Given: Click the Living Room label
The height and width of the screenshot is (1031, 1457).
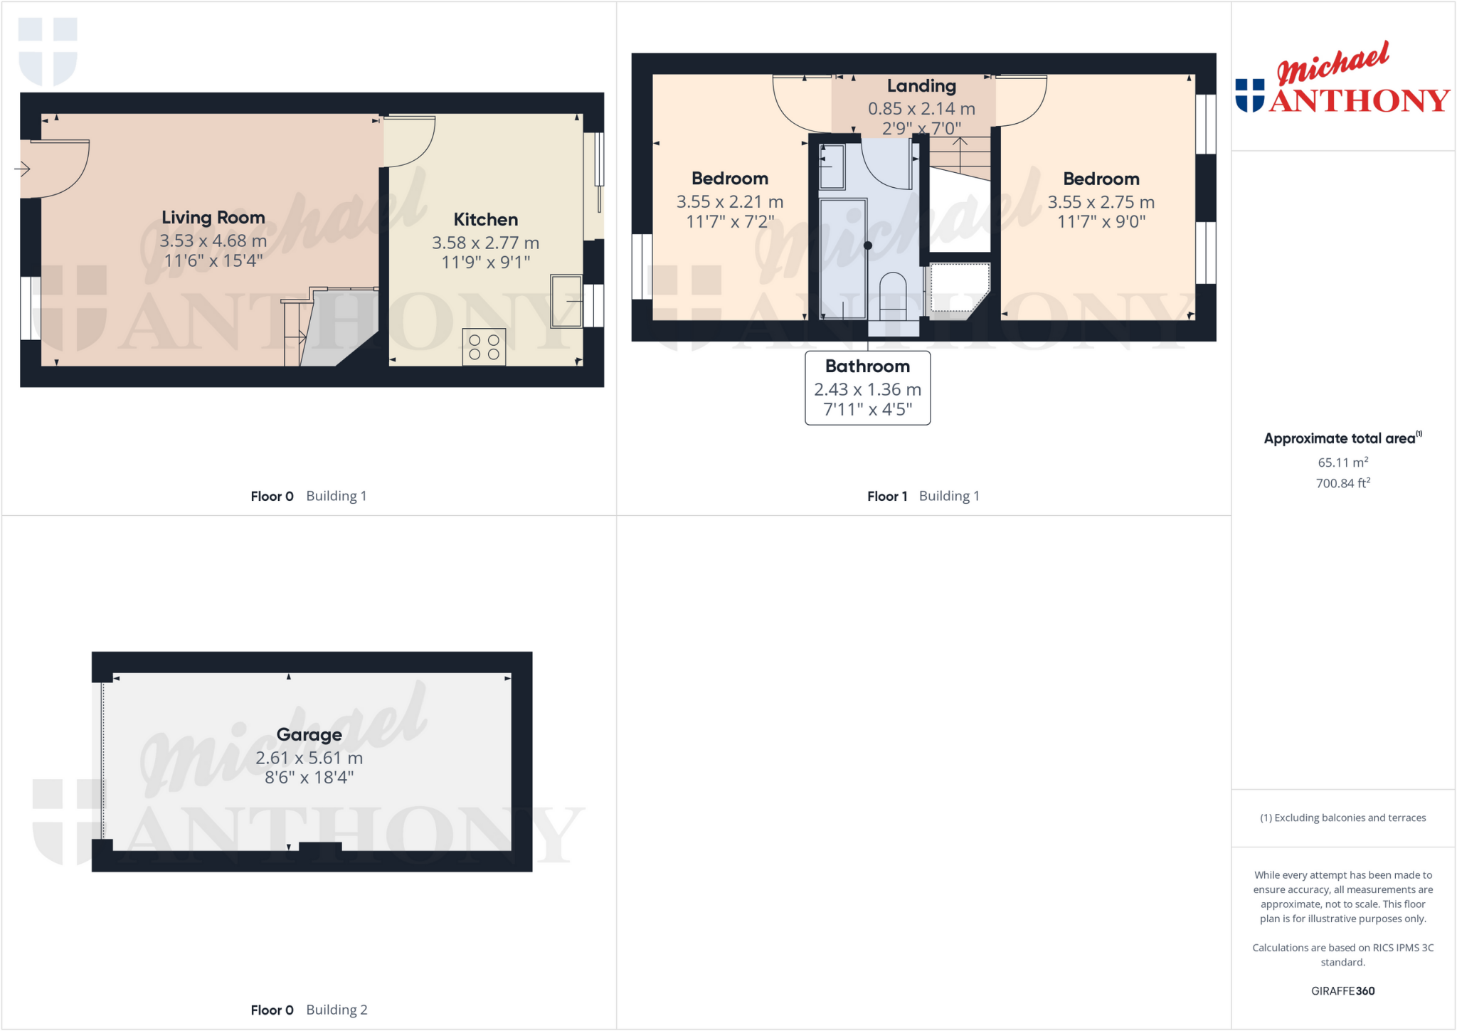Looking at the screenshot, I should click(x=213, y=218).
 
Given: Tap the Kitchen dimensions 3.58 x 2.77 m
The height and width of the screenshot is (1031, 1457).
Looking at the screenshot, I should click(x=485, y=243).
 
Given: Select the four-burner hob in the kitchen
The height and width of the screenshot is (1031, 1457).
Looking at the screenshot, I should click(x=484, y=347).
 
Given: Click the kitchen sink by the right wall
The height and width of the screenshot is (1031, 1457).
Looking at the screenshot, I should click(x=566, y=302).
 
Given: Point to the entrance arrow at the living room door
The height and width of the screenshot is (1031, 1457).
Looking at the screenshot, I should click(x=22, y=169).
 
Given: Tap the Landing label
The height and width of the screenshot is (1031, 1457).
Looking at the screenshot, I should click(x=921, y=86).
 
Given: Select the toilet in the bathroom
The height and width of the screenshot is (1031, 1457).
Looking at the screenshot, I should click(x=893, y=295).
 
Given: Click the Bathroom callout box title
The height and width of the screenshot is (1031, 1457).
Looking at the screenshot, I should click(x=867, y=366).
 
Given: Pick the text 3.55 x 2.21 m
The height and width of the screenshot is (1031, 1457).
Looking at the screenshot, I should click(x=729, y=202).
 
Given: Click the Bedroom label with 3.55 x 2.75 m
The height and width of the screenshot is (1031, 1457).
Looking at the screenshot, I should click(x=1101, y=179).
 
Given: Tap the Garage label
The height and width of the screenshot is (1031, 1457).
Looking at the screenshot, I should click(x=309, y=735).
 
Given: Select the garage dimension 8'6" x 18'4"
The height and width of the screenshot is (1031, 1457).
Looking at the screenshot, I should click(x=309, y=778).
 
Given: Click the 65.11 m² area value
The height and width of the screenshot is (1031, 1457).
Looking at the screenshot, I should click(x=1342, y=462).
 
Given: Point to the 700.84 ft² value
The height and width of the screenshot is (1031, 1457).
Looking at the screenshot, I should click(x=1342, y=484).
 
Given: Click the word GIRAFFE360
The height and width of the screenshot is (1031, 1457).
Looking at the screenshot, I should click(x=1342, y=991).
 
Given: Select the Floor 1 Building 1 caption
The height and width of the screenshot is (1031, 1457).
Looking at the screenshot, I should click(x=923, y=497).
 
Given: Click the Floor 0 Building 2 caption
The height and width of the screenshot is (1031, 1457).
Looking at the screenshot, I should click(x=309, y=1010).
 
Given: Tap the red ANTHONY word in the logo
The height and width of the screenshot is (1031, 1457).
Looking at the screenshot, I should click(x=1359, y=101).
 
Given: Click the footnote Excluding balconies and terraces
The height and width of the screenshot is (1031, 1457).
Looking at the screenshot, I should click(x=1342, y=818).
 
